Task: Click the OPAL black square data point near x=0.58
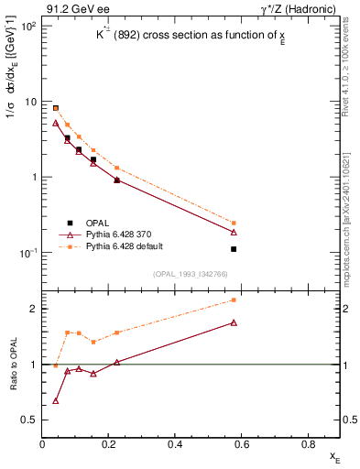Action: coord(235,249)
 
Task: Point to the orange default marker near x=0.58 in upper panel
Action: coord(235,223)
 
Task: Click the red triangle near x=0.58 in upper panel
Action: coord(235,232)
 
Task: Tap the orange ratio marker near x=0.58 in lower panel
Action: coord(235,300)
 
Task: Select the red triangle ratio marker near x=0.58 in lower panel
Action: coord(235,322)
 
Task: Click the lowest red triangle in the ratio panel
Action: coord(56,400)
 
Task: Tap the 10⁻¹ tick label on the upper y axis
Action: coord(27,253)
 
